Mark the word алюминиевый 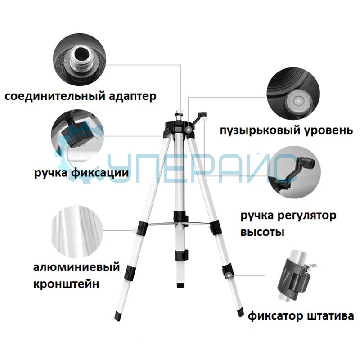tap(76, 268)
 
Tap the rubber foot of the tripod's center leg tap(180, 284)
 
